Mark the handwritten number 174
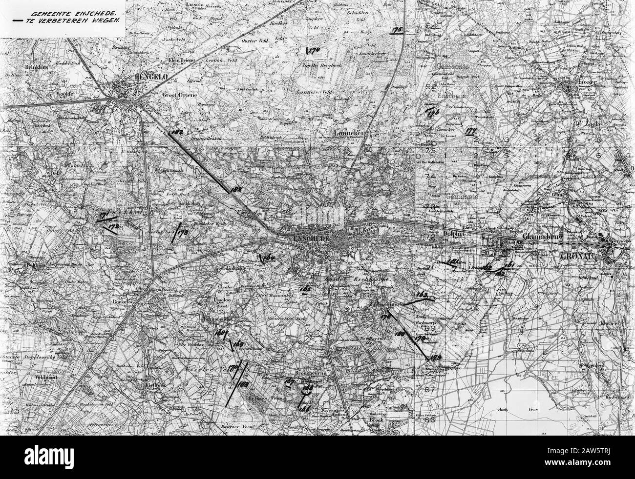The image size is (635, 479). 311,50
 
